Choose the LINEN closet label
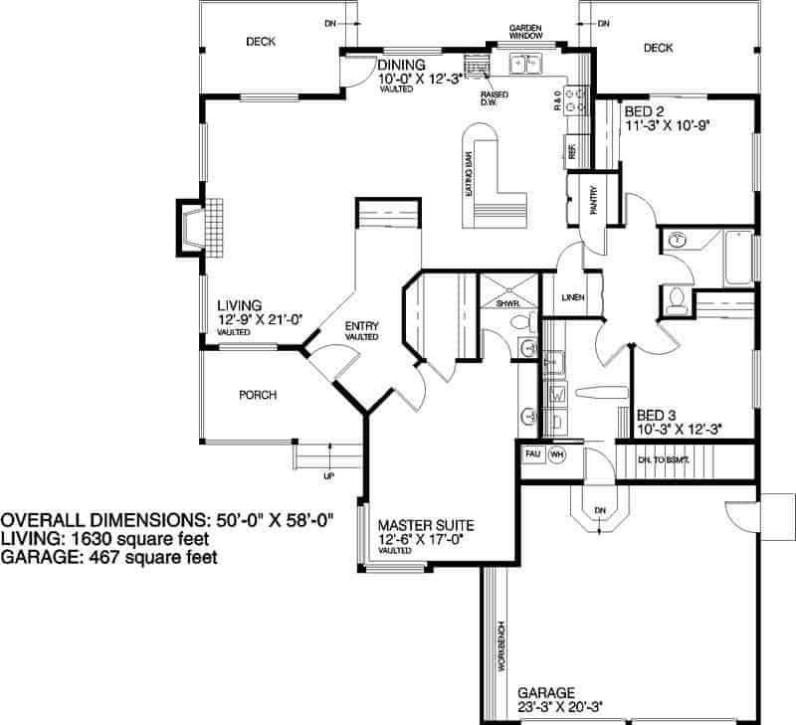click(572, 297)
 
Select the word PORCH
click(258, 395)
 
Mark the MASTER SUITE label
click(425, 525)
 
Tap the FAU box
click(532, 453)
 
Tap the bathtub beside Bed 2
click(736, 257)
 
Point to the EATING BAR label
click(465, 177)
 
